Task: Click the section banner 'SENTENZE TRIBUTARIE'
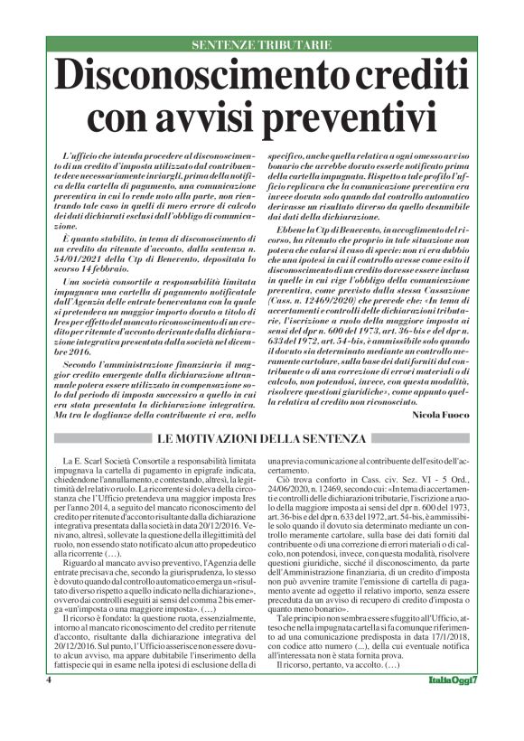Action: tap(262, 44)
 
